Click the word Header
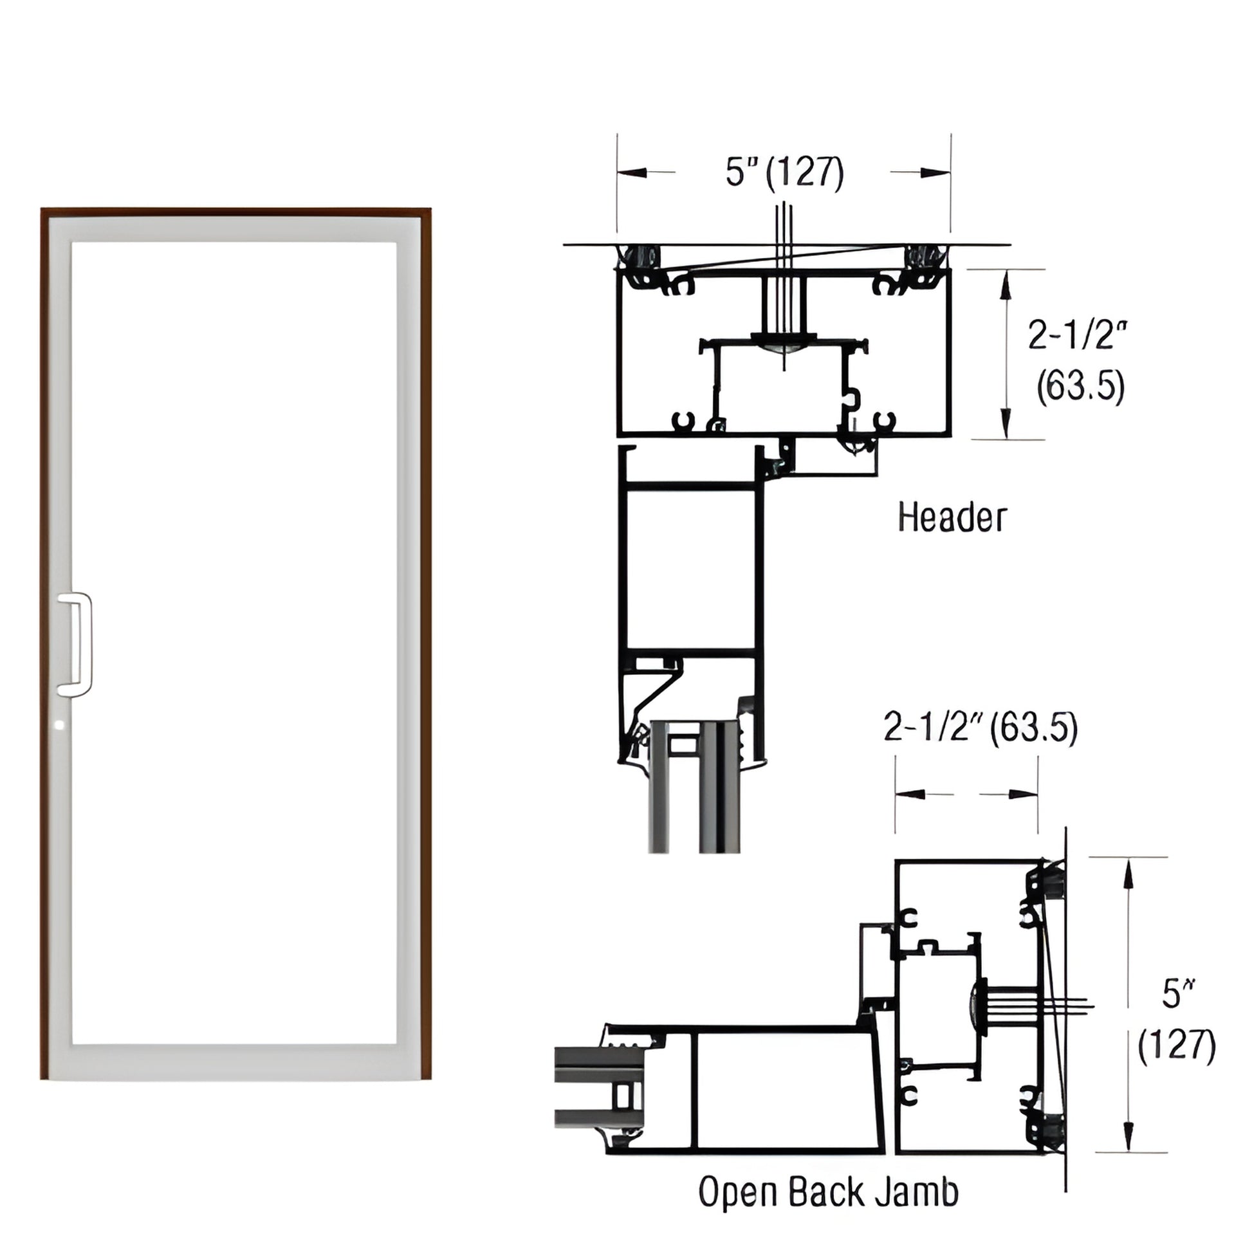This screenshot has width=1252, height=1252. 952,518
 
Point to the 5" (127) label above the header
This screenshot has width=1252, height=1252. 784,172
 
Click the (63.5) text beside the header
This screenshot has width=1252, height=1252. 1080,387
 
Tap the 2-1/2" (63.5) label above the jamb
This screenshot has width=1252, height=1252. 980,728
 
